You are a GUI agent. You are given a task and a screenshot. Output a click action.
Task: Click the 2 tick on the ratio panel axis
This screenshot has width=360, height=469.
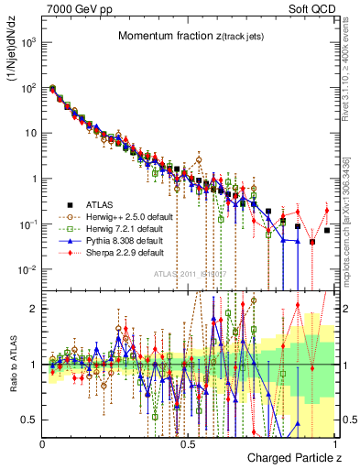(35, 308)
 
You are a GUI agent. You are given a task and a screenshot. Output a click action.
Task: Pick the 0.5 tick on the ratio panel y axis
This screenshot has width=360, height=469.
(29, 420)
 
